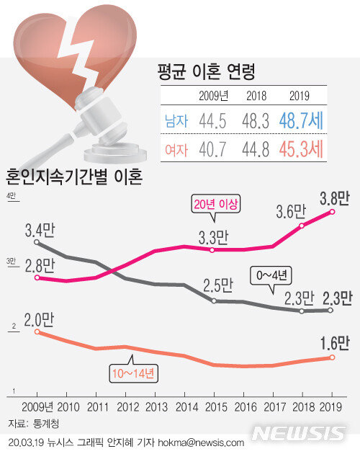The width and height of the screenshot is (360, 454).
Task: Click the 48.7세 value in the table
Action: [x=301, y=120]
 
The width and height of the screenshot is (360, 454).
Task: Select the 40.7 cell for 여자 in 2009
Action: [x=212, y=150]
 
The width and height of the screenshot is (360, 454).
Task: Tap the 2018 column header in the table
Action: [x=256, y=96]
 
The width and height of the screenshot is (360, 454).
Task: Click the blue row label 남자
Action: [x=176, y=121]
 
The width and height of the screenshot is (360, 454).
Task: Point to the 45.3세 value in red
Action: [x=301, y=149]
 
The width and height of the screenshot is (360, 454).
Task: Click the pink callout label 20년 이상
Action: [x=215, y=205]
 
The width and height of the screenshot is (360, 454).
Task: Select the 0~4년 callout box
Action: [x=271, y=275]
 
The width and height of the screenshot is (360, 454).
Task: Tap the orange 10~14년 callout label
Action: [x=133, y=373]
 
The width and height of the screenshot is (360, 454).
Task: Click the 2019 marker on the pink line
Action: [x=332, y=212]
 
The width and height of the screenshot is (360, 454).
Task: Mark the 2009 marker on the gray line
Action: [x=37, y=241]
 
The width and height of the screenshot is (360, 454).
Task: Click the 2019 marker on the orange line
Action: [x=332, y=357]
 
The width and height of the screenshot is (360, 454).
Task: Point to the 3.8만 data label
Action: [x=335, y=198]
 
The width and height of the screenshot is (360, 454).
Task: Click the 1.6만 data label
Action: [x=335, y=343]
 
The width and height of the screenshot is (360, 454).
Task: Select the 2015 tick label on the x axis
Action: [x=216, y=407]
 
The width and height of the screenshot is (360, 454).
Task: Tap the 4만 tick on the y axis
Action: [x=11, y=196]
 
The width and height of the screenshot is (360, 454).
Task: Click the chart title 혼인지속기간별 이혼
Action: [x=74, y=177]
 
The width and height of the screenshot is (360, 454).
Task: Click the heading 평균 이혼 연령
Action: [x=207, y=71]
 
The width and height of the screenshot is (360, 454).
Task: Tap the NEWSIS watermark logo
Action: [x=298, y=434]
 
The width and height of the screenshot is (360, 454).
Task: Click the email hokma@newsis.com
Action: [x=201, y=442]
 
